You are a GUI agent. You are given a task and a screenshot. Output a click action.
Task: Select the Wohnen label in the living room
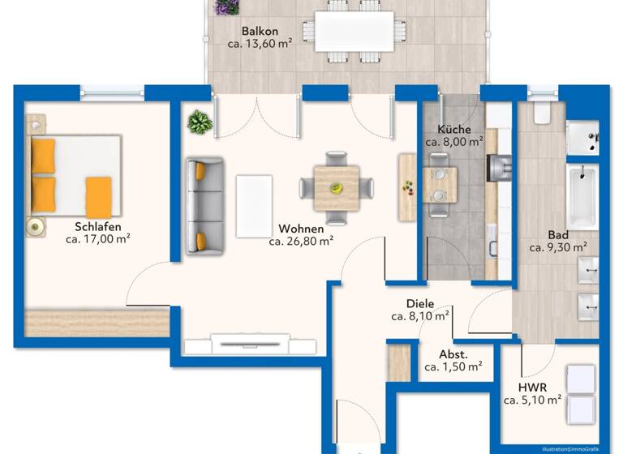point(300,229)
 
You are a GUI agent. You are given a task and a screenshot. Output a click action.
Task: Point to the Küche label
point(453,129)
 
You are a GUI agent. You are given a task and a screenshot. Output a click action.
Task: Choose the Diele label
point(420,304)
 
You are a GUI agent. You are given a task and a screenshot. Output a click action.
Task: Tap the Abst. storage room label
point(453,354)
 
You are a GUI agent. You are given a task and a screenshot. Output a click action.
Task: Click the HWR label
point(532,388)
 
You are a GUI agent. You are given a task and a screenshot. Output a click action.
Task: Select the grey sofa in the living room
point(204,206)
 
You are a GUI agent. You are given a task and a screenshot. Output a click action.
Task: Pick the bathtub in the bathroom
point(582,197)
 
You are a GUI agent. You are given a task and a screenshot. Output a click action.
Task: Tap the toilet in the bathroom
point(543,113)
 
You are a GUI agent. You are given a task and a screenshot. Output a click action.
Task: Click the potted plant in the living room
point(199,122)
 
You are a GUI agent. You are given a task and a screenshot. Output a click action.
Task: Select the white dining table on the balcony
point(354,31)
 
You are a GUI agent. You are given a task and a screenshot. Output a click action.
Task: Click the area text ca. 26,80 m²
point(300,241)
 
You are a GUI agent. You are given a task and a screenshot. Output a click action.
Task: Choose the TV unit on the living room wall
point(248,344)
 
